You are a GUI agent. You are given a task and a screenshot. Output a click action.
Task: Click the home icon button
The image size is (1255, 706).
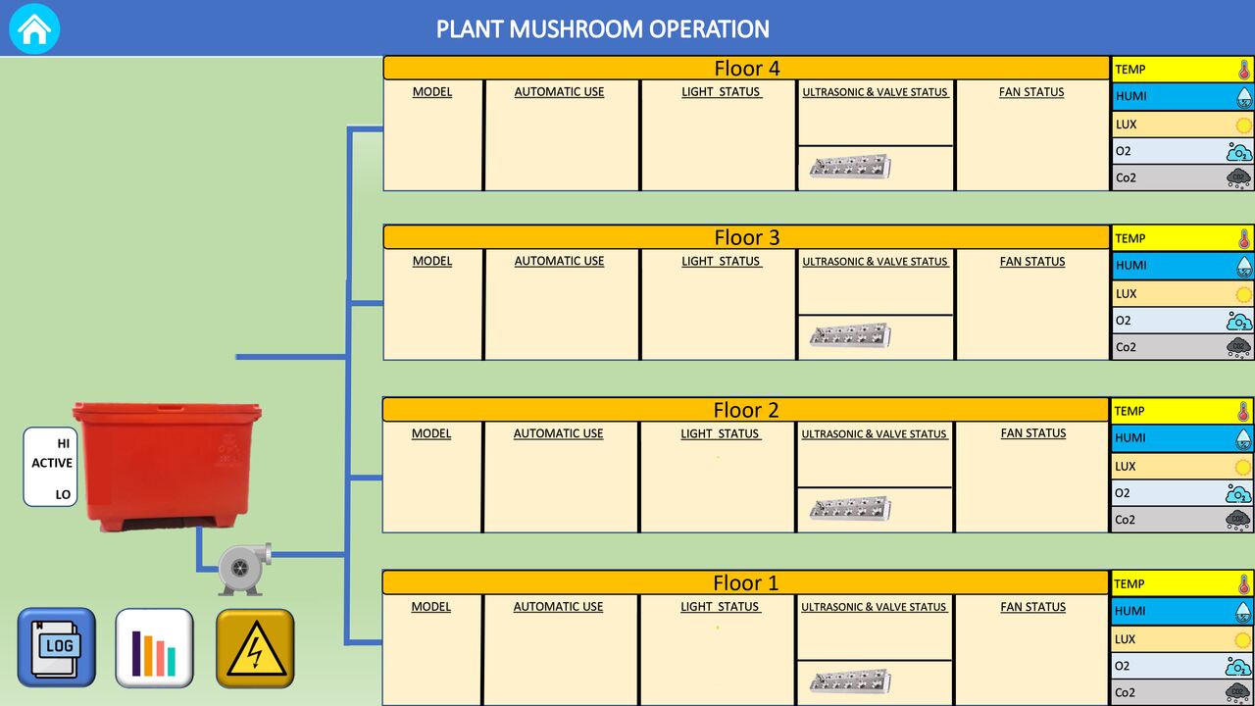pos(34,28)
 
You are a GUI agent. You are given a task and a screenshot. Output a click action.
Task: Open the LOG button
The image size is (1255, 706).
pos(57,647)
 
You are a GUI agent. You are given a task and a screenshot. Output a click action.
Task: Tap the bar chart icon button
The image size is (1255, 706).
pos(154,648)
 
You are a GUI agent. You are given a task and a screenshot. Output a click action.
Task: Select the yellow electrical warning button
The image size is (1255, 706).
pos(255,648)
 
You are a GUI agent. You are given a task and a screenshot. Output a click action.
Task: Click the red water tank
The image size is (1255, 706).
pos(167,466)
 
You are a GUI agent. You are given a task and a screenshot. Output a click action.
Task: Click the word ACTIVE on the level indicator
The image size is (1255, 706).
pos(52,463)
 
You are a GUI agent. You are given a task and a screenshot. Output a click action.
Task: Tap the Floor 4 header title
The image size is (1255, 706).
pos(747,69)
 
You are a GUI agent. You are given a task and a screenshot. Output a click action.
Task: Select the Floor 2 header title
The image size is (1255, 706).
pos(746,410)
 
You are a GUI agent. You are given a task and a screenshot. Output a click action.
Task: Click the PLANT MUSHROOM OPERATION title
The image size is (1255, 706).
pos(603,29)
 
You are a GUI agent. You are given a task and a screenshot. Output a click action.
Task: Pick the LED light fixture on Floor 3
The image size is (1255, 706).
pos(850,335)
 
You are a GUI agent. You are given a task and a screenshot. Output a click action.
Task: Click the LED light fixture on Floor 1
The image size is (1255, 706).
pos(850,681)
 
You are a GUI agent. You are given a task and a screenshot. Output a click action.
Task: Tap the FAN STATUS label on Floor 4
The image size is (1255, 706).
pos(1031,92)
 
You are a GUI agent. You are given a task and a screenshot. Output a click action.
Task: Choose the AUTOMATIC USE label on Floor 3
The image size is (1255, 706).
pos(559,261)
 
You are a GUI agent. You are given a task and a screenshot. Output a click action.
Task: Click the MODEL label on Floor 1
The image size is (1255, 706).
pos(430,607)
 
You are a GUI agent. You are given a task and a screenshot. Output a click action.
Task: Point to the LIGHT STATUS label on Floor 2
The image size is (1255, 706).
pos(720,433)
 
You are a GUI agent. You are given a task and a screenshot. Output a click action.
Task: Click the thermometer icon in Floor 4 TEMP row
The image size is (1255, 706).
pos(1244,70)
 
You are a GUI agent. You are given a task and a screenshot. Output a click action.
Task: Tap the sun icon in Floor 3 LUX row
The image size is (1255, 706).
pos(1243,294)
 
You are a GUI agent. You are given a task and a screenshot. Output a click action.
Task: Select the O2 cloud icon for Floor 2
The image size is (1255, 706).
pos(1238,493)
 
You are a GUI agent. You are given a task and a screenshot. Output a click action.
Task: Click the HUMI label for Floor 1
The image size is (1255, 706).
pos(1129,611)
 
